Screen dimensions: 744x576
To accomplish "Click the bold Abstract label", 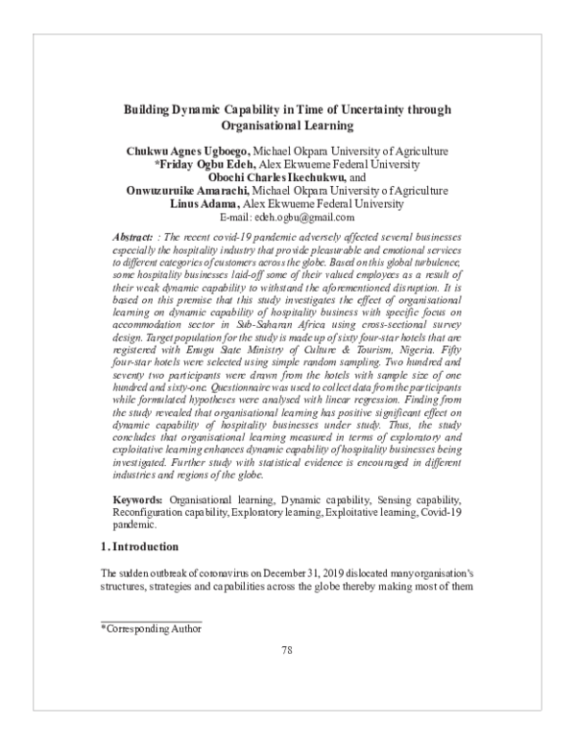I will pyautogui.click(x=131, y=235).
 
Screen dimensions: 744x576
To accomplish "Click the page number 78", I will pyautogui.click(x=287, y=678).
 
